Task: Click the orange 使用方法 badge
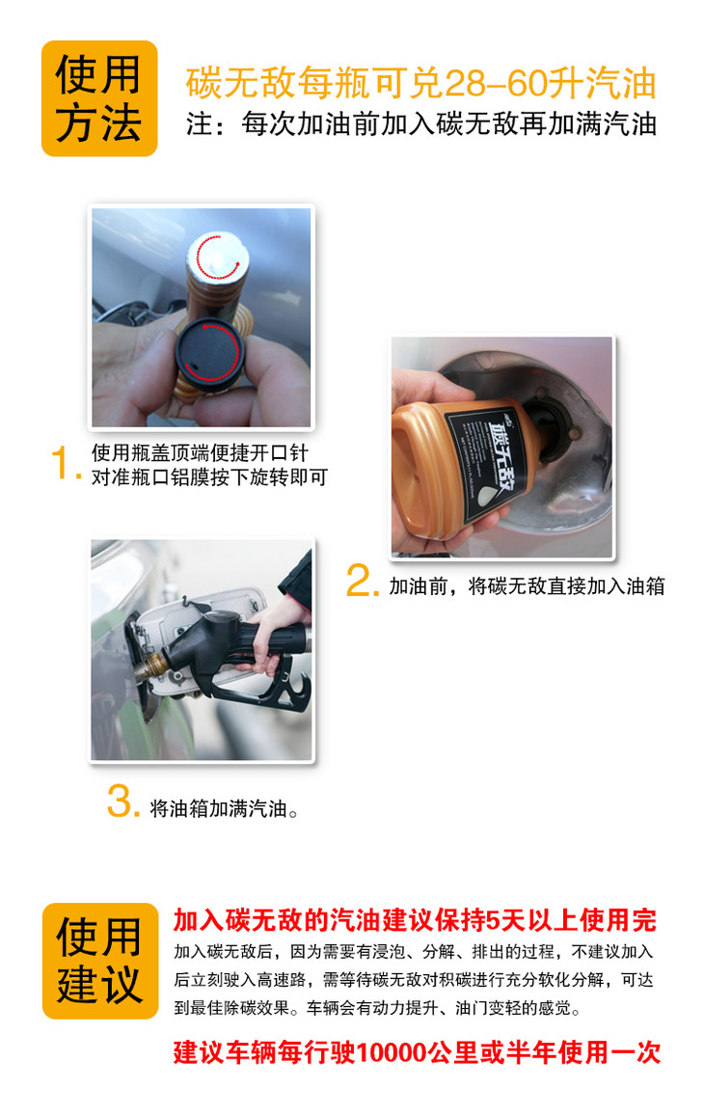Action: pyautogui.click(x=99, y=98)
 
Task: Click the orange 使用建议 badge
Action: pyautogui.click(x=99, y=961)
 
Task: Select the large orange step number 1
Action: pyautogui.click(x=63, y=463)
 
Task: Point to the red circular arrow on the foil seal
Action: pyautogui.click(x=218, y=257)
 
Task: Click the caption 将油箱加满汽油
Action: pyautogui.click(x=224, y=808)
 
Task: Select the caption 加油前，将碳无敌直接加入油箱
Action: pyautogui.click(x=527, y=586)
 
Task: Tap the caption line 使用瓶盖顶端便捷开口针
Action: pyautogui.click(x=200, y=452)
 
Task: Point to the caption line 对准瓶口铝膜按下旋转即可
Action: pyautogui.click(x=209, y=476)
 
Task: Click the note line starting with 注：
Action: pyautogui.click(x=420, y=123)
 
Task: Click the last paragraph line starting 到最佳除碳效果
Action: pyautogui.click(x=378, y=1008)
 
